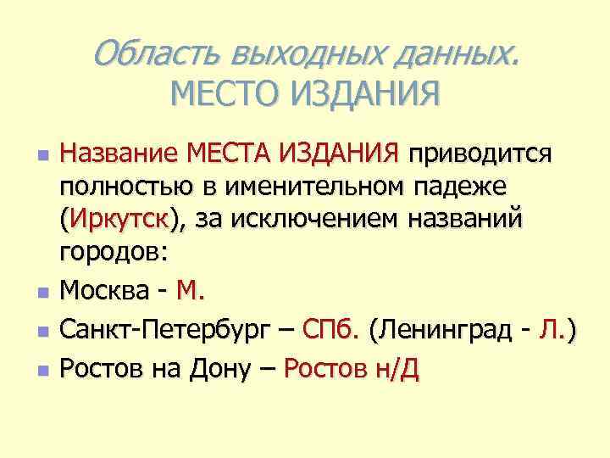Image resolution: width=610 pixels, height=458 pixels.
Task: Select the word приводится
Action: point(480,154)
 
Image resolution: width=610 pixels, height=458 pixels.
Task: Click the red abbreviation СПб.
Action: point(334,330)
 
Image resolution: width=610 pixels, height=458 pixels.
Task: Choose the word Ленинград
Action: point(451,330)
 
